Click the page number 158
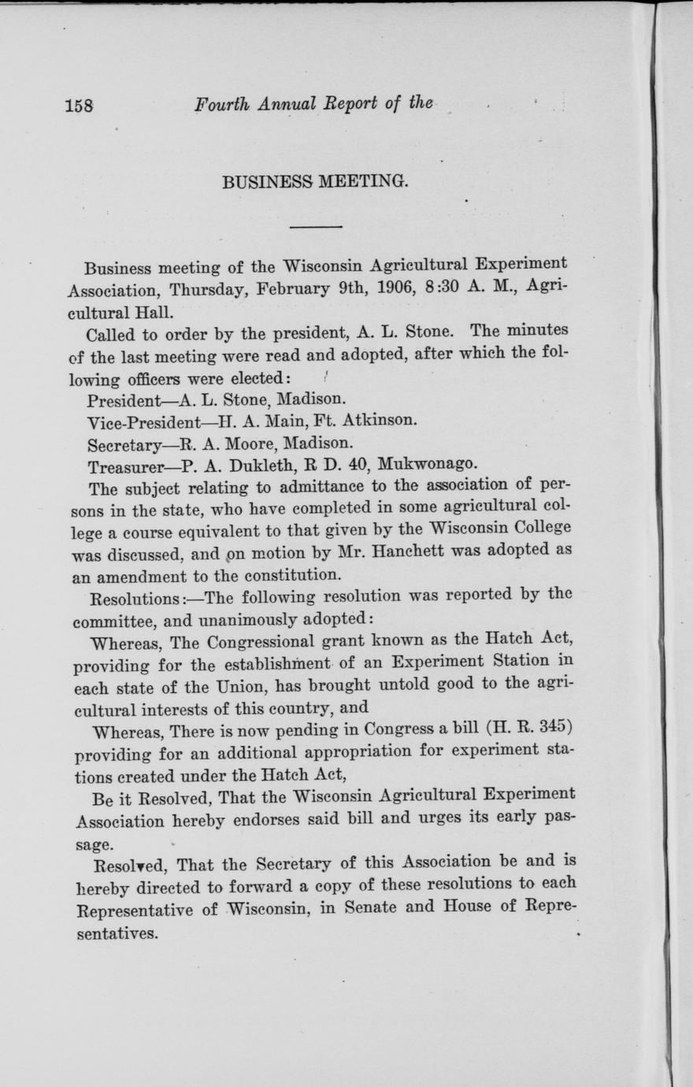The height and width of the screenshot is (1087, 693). pyautogui.click(x=80, y=105)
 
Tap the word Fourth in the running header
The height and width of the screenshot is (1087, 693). pyautogui.click(x=222, y=104)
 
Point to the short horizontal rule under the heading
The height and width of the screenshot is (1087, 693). pyautogui.click(x=316, y=228)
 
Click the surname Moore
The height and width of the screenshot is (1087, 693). pyautogui.click(x=247, y=440)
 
